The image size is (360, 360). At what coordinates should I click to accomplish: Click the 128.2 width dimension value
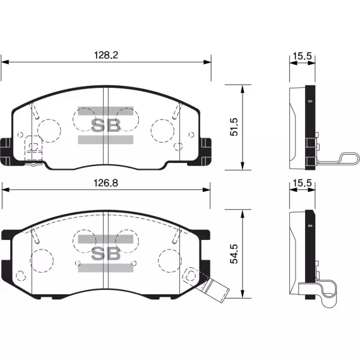pyautogui.click(x=106, y=55)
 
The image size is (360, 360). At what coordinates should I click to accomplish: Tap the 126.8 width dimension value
pyautogui.click(x=106, y=183)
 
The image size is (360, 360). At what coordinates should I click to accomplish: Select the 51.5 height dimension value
pyautogui.click(x=234, y=127)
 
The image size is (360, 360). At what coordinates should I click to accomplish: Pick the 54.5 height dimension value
pyautogui.click(x=234, y=254)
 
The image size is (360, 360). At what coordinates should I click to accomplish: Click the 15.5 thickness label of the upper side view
pyautogui.click(x=303, y=56)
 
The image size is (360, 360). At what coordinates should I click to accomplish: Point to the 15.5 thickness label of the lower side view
pyautogui.click(x=303, y=183)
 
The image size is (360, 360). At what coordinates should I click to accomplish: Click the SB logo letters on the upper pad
pyautogui.click(x=105, y=125)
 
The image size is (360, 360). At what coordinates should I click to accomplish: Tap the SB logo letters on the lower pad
pyautogui.click(x=105, y=253)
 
